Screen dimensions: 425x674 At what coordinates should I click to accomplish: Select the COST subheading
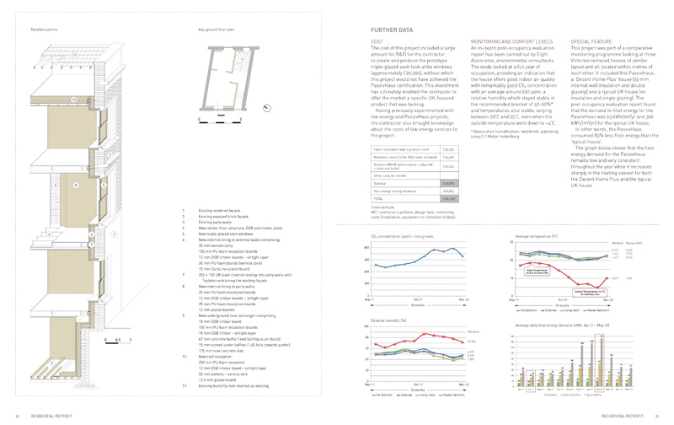click(x=376, y=40)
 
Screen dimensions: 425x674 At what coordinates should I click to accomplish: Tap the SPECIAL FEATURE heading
click(x=595, y=40)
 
